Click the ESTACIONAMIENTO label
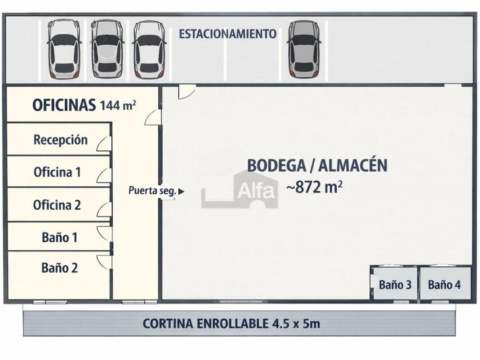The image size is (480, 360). [227, 34]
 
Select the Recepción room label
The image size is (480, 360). [61, 140]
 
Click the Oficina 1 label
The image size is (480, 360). [57, 172]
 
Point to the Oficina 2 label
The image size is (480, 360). [57, 205]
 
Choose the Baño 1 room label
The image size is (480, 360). [59, 238]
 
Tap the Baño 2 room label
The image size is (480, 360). [59, 268]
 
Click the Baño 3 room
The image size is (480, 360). [395, 284]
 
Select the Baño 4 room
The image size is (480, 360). [445, 284]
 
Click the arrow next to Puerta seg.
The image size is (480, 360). [181, 191]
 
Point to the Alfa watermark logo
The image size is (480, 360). [239, 190]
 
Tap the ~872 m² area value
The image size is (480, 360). [314, 187]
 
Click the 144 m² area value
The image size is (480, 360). [118, 105]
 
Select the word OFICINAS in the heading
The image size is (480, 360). [64, 105]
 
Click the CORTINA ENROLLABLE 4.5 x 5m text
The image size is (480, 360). [231, 323]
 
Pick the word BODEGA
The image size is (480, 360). [277, 165]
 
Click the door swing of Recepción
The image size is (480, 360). [103, 144]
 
